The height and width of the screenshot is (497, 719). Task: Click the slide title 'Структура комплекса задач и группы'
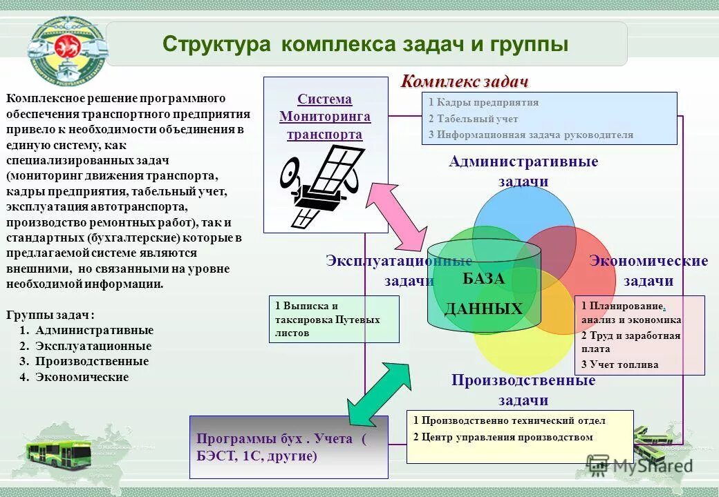point(366,45)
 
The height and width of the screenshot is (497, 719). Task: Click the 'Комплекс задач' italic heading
point(465,81)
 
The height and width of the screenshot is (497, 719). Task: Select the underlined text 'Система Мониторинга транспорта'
point(325,117)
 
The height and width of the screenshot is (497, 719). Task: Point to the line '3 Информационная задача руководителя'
point(530,135)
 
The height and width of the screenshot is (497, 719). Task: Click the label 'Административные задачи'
point(523,170)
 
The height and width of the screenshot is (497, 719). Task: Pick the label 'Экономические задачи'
point(648,271)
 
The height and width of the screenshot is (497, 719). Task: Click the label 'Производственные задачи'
point(523,390)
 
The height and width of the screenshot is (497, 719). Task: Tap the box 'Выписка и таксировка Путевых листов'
point(333,319)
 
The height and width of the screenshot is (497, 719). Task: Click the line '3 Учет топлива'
point(619,364)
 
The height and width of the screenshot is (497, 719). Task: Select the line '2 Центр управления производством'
point(503,437)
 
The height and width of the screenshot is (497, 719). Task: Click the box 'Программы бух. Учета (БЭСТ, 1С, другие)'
point(288,447)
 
